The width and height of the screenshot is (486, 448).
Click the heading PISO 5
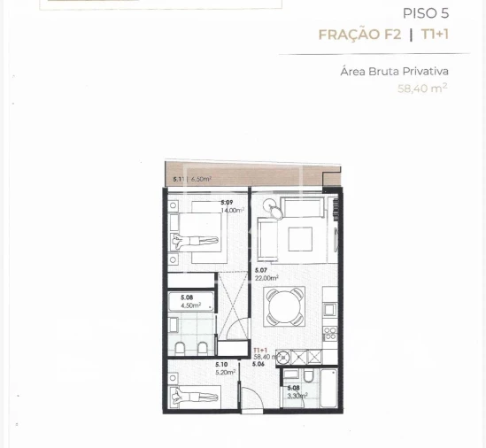click(425, 14)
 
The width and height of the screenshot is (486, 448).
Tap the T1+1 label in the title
click(434, 35)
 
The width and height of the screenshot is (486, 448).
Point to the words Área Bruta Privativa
click(395, 71)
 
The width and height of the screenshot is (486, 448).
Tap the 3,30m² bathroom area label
click(297, 395)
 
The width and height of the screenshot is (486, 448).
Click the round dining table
click(284, 305)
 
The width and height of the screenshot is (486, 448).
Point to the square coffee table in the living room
click(299, 240)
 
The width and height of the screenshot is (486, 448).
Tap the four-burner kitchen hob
click(329, 334)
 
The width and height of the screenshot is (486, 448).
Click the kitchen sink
click(329, 309)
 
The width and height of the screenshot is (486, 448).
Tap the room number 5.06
click(258, 364)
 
